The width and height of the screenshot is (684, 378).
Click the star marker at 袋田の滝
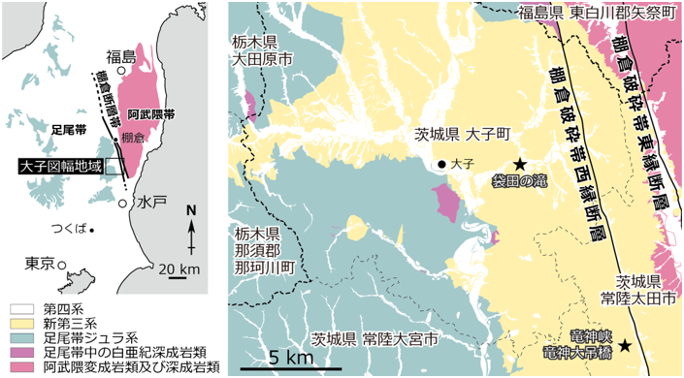coord(520,164)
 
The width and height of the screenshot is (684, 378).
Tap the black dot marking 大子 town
coord(441,165)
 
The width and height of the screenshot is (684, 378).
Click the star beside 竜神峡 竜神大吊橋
coord(626,345)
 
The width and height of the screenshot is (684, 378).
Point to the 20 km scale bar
coord(177,276)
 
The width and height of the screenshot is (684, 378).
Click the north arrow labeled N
coord(191,233)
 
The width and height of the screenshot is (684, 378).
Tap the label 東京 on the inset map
coord(39,263)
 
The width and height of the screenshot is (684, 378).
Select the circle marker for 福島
coord(121,71)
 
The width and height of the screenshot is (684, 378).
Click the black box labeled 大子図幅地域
coord(60,167)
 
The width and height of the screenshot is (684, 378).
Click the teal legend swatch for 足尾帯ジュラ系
coord(18,339)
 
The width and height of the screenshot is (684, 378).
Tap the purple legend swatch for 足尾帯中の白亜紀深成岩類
coord(18,354)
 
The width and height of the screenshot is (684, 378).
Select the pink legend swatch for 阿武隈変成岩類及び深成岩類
coord(18,368)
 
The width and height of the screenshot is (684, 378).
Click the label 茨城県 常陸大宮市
coord(375,339)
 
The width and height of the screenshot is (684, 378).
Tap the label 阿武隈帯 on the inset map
coord(152,113)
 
